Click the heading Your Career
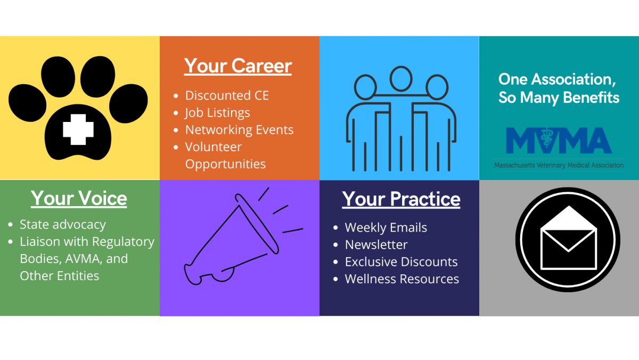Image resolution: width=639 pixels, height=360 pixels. pyautogui.click(x=238, y=66)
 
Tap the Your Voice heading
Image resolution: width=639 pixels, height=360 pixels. pyautogui.click(x=79, y=198)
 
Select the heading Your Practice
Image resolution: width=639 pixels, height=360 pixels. pyautogui.click(x=401, y=199)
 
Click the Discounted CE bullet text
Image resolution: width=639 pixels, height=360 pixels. pyautogui.click(x=227, y=95)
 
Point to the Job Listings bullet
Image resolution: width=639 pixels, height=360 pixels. pyautogui.click(x=217, y=113)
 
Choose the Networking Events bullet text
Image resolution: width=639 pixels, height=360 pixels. pyautogui.click(x=239, y=130)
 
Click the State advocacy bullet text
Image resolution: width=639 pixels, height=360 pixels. pyautogui.click(x=63, y=225)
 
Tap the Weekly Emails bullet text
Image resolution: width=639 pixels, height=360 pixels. pyautogui.click(x=386, y=227)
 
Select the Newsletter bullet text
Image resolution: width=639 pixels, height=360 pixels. pyautogui.click(x=376, y=244)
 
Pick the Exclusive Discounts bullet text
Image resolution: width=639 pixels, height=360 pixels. pyautogui.click(x=402, y=261)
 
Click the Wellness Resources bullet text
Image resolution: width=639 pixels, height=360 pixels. pyautogui.click(x=402, y=279)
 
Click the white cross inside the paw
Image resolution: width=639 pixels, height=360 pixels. pyautogui.click(x=78, y=129)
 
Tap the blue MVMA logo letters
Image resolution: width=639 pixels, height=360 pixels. pyautogui.click(x=559, y=141)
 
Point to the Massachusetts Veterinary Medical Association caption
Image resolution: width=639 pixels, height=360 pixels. pyautogui.click(x=559, y=165)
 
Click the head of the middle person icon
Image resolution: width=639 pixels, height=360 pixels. pyautogui.click(x=401, y=79)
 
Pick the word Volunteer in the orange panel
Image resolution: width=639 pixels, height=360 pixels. pyautogui.click(x=214, y=147)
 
